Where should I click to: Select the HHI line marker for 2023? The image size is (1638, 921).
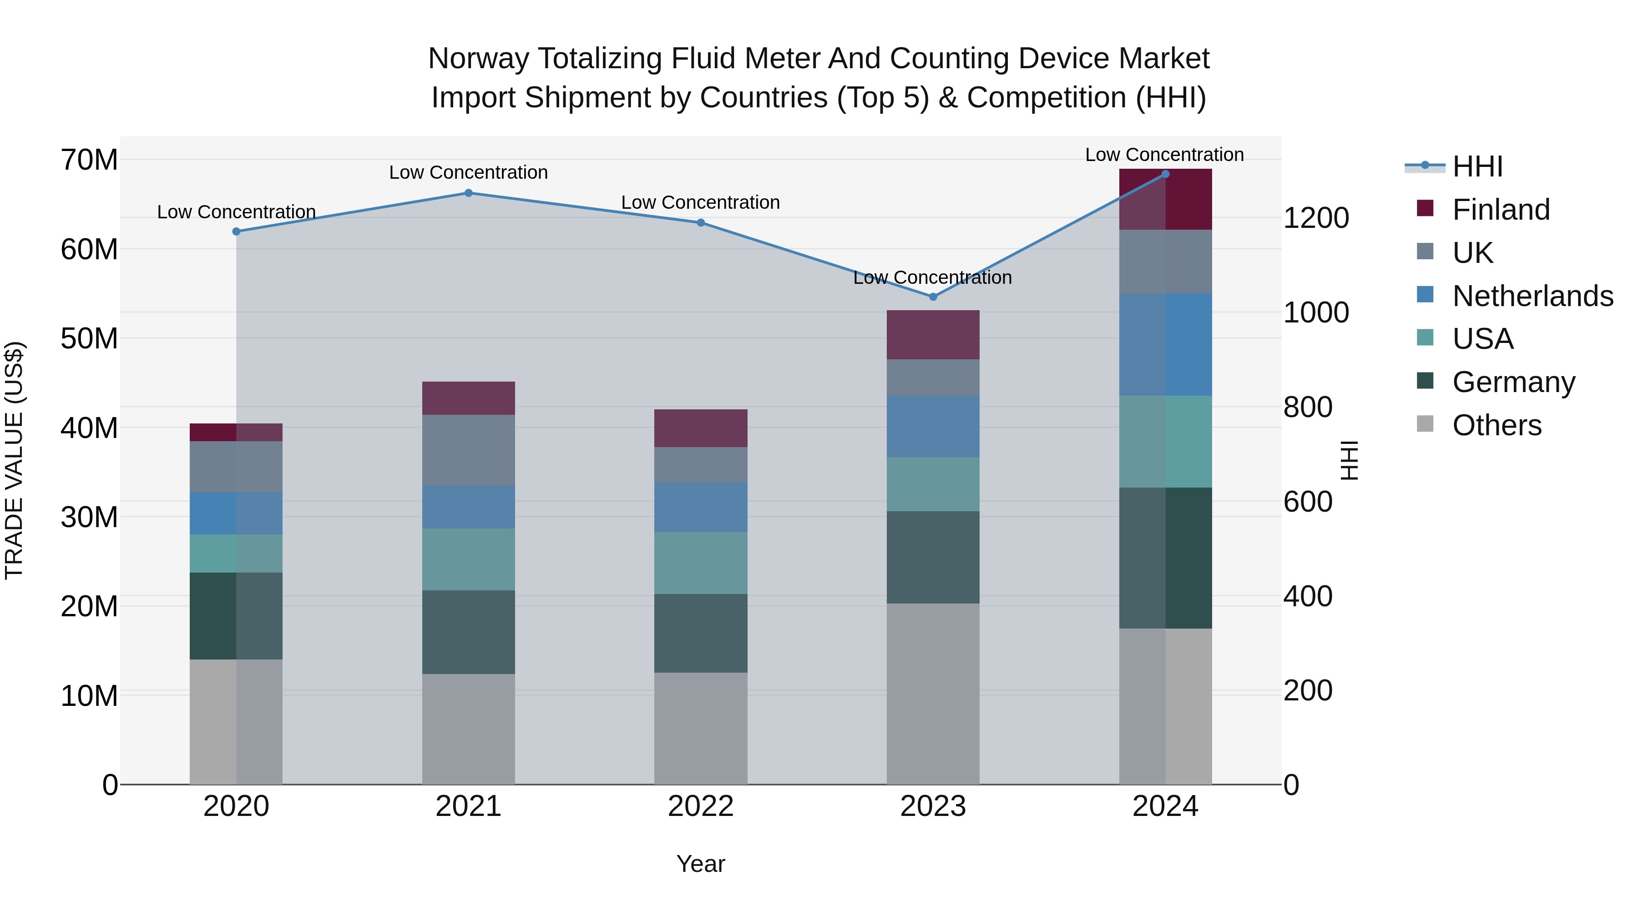point(933,297)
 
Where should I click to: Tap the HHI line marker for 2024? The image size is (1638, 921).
point(1165,174)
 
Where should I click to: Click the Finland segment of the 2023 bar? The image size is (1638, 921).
point(933,335)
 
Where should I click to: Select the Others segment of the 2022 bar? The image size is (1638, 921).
point(701,729)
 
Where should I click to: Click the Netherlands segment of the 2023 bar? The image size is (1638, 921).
point(933,427)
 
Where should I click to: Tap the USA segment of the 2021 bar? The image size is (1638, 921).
point(468,559)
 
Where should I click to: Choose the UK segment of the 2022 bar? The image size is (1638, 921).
point(701,465)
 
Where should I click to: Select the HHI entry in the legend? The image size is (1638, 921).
point(1476,166)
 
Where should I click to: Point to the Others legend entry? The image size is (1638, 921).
point(1496,425)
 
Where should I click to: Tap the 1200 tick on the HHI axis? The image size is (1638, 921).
point(1315,218)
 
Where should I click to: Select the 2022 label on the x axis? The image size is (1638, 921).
point(701,806)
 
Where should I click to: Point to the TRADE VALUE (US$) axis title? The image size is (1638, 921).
point(15,460)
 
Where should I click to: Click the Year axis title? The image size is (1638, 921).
point(701,864)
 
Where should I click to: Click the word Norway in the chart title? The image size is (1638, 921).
point(478,59)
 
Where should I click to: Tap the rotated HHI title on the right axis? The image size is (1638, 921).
point(1349,460)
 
